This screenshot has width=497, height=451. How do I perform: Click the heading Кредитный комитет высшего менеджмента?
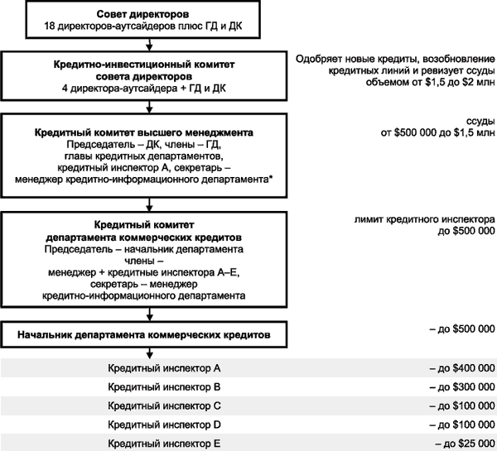(x=148, y=132)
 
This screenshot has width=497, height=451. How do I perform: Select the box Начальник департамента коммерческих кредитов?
(x=148, y=334)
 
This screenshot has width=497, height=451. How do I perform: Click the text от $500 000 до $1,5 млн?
(x=437, y=132)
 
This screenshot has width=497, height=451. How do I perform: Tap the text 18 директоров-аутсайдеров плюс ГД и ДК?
(x=148, y=26)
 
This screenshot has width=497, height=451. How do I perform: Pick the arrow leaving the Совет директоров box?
(x=148, y=46)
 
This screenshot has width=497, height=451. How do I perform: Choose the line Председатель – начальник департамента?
(x=148, y=248)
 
